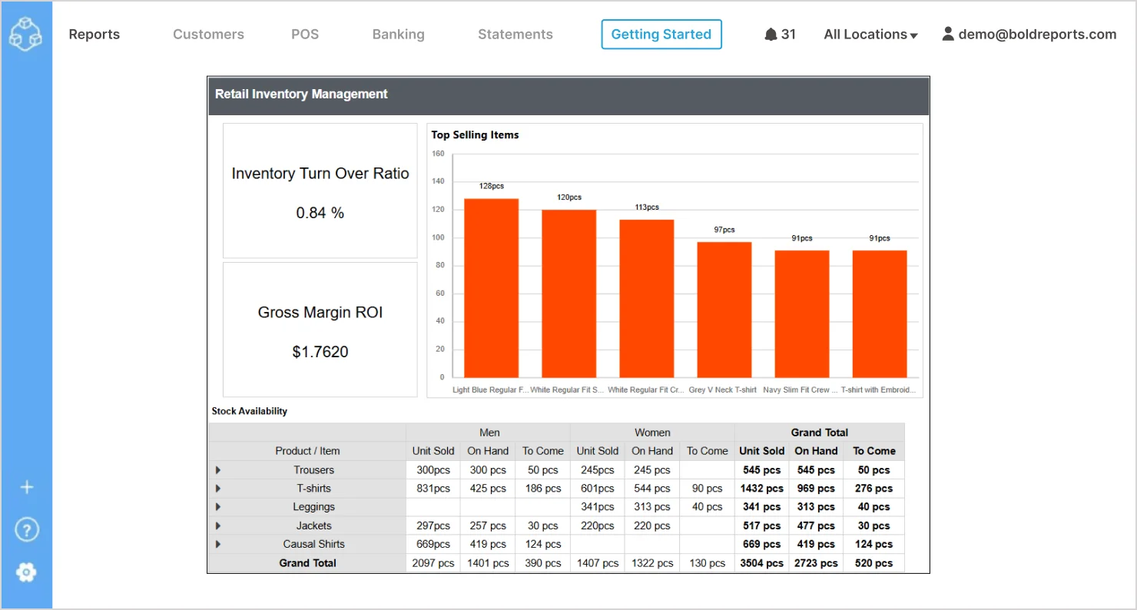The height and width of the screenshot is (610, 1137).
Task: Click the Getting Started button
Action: point(661,35)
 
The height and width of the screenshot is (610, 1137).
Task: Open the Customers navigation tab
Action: point(208,35)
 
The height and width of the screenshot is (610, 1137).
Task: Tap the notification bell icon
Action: point(771,35)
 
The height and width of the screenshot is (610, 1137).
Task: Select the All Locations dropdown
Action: point(870,35)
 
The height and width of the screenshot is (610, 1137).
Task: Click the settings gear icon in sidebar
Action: point(26,572)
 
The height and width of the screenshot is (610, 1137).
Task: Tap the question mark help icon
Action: point(26,529)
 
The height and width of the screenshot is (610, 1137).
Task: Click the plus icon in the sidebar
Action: point(26,487)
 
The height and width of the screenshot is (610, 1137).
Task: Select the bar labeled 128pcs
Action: point(491,288)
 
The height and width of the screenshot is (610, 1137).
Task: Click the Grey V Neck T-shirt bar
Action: point(724,310)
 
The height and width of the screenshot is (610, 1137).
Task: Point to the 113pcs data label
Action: point(646,207)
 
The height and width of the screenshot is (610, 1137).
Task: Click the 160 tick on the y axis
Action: point(438,154)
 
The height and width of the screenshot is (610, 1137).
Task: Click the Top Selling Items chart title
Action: point(475,135)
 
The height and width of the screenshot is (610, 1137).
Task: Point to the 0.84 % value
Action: point(320,214)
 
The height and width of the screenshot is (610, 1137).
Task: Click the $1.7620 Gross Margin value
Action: point(320,353)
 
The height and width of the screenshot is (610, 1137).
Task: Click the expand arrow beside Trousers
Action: point(218,470)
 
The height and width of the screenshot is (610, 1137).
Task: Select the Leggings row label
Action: point(313,507)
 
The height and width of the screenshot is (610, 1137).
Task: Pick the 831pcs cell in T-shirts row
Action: point(433,489)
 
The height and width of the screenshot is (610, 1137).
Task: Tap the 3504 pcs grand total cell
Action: point(761,563)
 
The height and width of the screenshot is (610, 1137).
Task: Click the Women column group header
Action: point(651,433)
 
